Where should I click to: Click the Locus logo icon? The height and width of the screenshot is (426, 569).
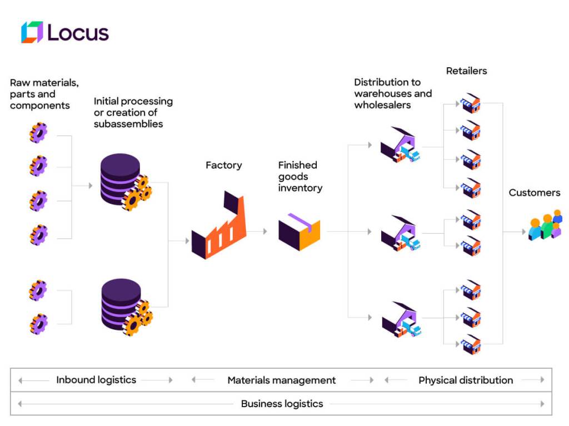pos(32,32)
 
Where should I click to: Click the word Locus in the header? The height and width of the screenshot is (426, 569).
pos(78,33)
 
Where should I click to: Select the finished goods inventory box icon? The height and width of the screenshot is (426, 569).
pos(299,231)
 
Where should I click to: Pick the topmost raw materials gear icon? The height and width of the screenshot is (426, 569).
pos(38,133)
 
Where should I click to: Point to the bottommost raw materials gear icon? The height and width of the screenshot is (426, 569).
pos(38,323)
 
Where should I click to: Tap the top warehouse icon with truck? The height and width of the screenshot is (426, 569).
pos(400,145)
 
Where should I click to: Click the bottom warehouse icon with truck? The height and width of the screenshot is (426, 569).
pos(401,320)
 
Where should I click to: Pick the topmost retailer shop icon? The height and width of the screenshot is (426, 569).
pos(470,103)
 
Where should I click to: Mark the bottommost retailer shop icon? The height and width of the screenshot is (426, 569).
pos(470,344)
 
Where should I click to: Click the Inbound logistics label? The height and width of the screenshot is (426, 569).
pos(96,380)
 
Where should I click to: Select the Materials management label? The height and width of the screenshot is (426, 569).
pos(282,380)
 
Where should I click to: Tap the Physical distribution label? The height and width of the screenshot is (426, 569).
pos(466,380)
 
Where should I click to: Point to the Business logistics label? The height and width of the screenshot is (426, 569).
pos(282,404)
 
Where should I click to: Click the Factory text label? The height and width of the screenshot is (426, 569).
pos(224,165)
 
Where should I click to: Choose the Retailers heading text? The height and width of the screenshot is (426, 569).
pos(466,71)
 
